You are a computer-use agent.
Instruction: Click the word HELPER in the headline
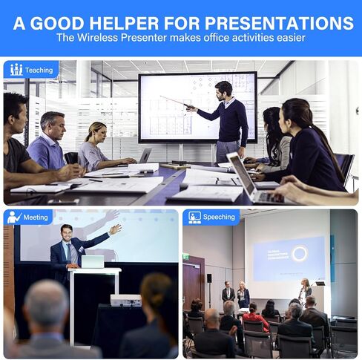click(x=124, y=23)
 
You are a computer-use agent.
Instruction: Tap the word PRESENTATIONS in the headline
click(x=279, y=23)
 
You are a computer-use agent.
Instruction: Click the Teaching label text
click(x=39, y=71)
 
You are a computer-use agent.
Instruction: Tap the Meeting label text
click(x=36, y=217)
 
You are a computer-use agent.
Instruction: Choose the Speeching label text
click(x=219, y=217)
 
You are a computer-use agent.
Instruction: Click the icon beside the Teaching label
click(x=16, y=70)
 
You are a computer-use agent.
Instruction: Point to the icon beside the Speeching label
click(x=194, y=217)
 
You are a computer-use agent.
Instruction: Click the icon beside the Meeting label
click(x=14, y=217)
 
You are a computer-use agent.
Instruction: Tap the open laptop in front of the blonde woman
click(x=145, y=156)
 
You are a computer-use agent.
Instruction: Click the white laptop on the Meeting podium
click(x=93, y=262)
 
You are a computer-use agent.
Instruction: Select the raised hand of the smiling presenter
click(x=115, y=229)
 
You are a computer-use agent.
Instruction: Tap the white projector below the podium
click(x=126, y=301)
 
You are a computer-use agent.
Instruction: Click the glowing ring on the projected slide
click(x=300, y=253)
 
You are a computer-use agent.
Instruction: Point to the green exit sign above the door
click(x=186, y=258)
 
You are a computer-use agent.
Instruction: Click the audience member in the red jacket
click(x=255, y=318)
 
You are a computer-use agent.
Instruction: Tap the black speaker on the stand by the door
click(x=209, y=278)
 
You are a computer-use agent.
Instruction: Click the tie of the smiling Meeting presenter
click(x=69, y=253)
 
